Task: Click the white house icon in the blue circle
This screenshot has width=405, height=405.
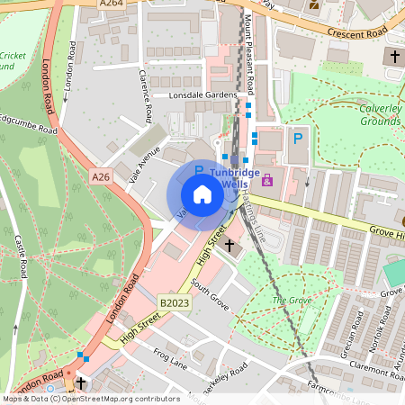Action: tap(202, 193)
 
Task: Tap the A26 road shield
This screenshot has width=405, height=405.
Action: tap(100, 178)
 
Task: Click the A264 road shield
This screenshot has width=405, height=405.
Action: tap(112, 4)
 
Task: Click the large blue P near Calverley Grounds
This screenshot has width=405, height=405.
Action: tap(295, 139)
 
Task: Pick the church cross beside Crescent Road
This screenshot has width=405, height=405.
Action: tap(394, 57)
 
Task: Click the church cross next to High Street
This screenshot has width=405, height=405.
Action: tap(229, 244)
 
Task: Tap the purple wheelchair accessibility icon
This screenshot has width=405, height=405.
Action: tap(266, 181)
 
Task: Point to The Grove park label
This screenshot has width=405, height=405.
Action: tap(291, 300)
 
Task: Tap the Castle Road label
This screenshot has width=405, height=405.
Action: tap(20, 255)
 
